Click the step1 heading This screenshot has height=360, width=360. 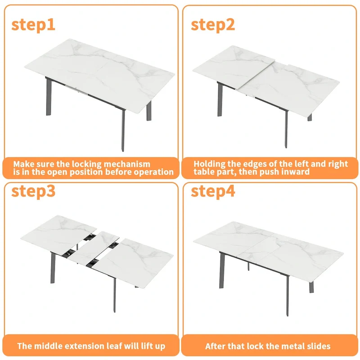[33, 24]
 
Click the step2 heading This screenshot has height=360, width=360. [213, 24]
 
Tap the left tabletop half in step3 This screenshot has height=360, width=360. [58, 232]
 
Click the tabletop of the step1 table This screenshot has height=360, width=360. [99, 72]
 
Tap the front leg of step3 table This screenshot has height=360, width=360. [114, 297]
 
